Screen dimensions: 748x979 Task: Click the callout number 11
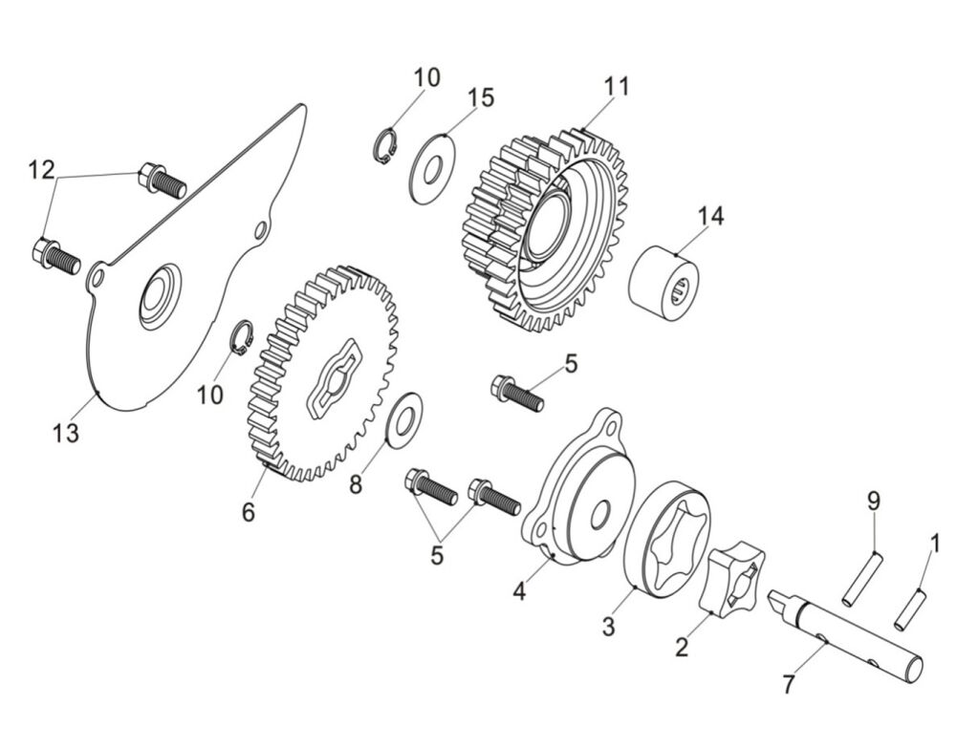coord(617,86)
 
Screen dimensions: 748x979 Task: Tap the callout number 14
coord(710,216)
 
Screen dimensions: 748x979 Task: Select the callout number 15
coord(481,97)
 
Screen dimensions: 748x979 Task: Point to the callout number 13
coord(66,433)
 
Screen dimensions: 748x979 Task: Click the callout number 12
coord(41,171)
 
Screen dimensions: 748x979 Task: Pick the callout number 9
coord(873,500)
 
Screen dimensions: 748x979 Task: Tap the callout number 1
coord(935,544)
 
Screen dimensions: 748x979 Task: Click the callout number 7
coord(788,684)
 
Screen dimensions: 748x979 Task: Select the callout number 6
coord(249,512)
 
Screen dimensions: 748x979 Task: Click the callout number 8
coord(356,484)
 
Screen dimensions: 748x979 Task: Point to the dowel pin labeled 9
coord(863,578)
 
